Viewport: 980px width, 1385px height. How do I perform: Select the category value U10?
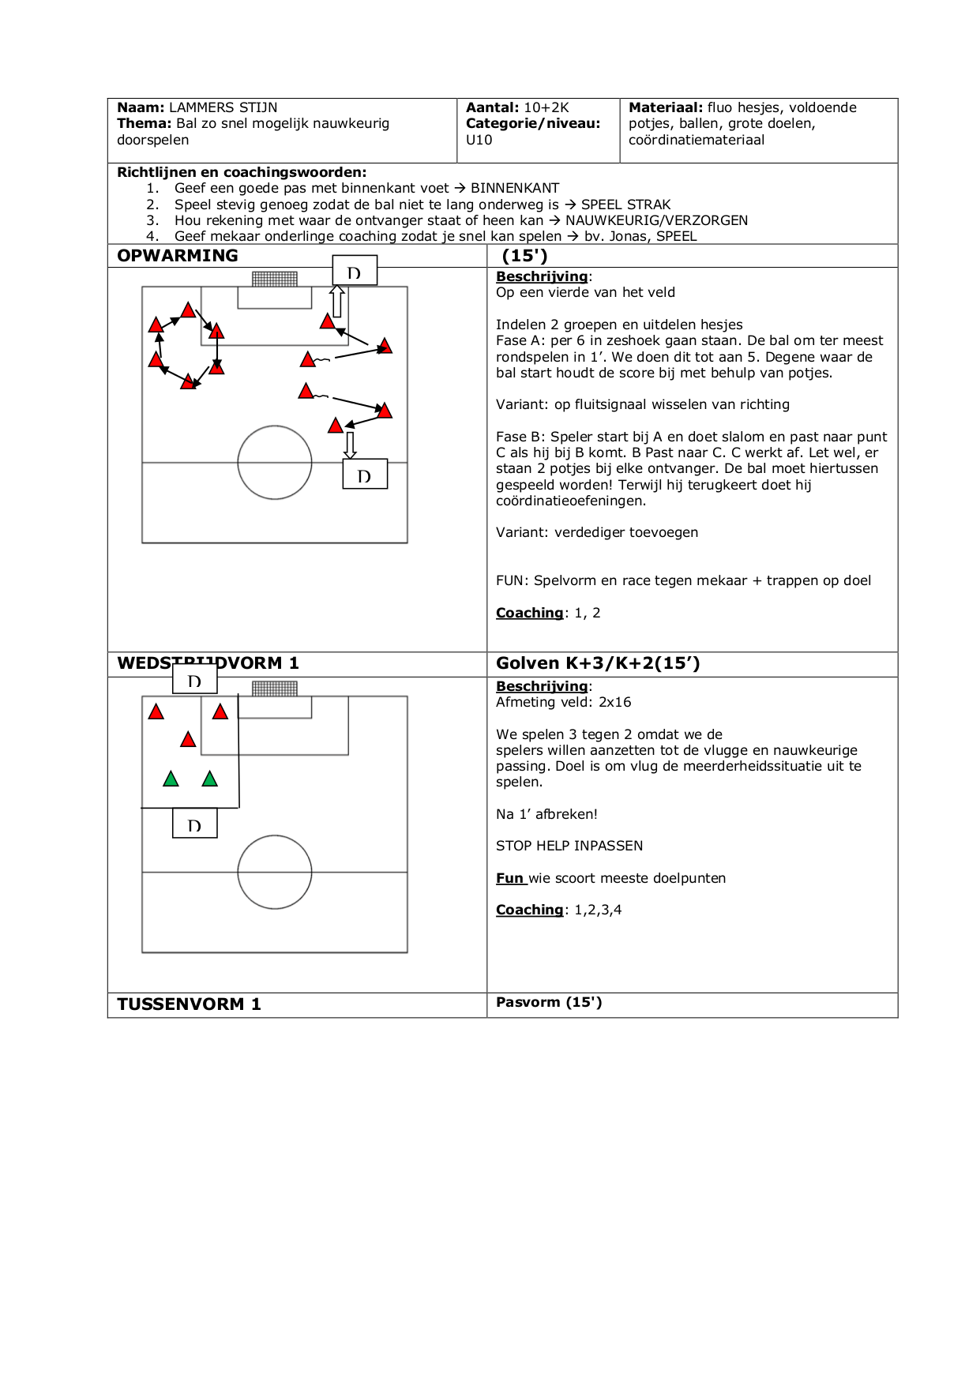(479, 140)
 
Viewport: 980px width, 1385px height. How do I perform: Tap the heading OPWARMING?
(178, 256)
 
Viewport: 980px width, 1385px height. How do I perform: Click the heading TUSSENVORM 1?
(189, 1004)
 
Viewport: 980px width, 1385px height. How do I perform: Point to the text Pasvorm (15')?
(549, 1002)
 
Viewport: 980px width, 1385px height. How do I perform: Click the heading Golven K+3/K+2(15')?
(598, 663)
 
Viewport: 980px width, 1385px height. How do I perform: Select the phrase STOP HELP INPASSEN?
(569, 846)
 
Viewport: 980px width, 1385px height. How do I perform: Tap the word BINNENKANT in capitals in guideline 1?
(515, 188)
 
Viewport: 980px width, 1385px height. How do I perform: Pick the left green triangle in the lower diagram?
(171, 779)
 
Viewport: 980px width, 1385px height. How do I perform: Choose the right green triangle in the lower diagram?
(209, 779)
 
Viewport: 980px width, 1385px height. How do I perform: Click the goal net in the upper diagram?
(275, 279)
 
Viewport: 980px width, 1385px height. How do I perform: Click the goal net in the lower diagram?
(275, 689)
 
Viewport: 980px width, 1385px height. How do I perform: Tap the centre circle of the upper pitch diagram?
(275, 463)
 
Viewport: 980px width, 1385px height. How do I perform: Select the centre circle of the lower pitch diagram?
(275, 872)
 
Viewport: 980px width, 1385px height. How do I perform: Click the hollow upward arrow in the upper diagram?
(337, 300)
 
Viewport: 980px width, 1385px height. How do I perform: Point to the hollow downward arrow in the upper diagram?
(350, 445)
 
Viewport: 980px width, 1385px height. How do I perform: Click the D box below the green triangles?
(195, 824)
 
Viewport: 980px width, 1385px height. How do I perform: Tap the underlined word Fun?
(510, 878)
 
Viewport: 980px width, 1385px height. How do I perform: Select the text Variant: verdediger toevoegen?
(597, 532)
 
